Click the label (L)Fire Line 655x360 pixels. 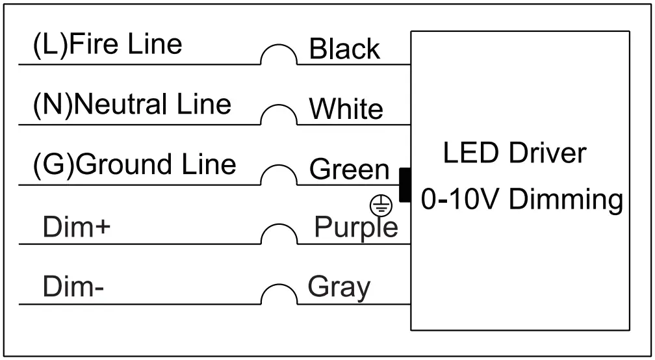click(107, 45)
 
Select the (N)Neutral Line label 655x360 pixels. click(132, 104)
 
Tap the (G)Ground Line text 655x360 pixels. click(134, 164)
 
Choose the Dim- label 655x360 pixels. click(73, 287)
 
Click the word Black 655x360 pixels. click(344, 49)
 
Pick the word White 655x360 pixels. click(346, 109)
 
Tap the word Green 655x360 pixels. click(349, 170)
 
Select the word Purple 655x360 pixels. click(356, 227)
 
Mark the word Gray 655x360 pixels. click(339, 287)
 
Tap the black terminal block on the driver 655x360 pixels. click(404, 185)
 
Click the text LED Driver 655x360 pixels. click(514, 153)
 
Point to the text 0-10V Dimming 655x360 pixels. click(522, 199)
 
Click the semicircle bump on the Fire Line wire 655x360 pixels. click(279, 56)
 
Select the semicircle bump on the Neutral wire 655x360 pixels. click(279, 116)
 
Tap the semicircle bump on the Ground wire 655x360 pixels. click(279, 176)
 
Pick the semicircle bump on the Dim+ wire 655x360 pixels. click(279, 235)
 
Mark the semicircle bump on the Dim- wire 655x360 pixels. click(279, 295)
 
